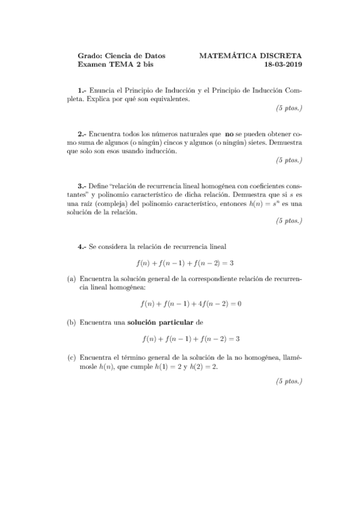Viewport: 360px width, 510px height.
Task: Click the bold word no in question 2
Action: point(229,134)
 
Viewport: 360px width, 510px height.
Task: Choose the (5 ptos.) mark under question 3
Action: point(288,221)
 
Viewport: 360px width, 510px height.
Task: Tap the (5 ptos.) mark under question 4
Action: point(288,381)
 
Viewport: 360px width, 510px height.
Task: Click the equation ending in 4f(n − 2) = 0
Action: point(190,304)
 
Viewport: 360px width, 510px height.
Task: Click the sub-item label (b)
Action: point(70,322)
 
